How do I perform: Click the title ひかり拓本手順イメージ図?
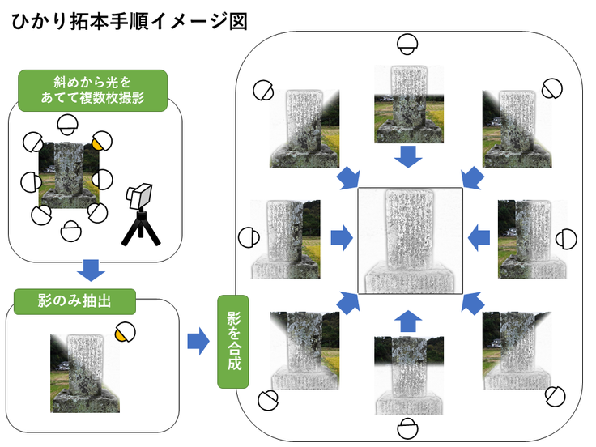coord(129,19)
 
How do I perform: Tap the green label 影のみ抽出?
coord(74,302)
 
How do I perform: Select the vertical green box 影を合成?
coord(232,343)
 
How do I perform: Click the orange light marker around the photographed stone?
coord(99,143)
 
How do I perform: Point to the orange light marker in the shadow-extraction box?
coord(124,332)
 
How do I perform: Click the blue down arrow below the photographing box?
coord(92,268)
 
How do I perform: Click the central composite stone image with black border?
coord(410,241)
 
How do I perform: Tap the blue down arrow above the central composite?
coord(410,155)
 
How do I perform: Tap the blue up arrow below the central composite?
coord(410,319)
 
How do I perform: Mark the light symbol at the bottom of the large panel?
coord(409,428)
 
